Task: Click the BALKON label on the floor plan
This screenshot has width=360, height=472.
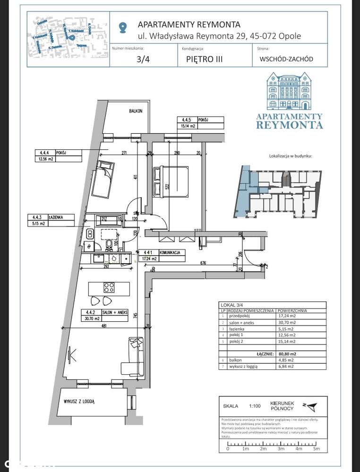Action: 136,111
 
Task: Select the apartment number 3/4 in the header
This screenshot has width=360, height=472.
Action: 142,60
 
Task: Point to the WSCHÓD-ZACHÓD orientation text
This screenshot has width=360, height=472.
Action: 286,60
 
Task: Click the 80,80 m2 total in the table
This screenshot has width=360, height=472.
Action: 287,353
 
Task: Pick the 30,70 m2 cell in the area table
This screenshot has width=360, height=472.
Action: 286,323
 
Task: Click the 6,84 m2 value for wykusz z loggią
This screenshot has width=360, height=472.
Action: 286,366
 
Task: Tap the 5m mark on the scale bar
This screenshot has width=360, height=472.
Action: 317,449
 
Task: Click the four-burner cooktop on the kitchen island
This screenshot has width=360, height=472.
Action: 109,288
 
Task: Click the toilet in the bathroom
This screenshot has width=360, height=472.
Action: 110,244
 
